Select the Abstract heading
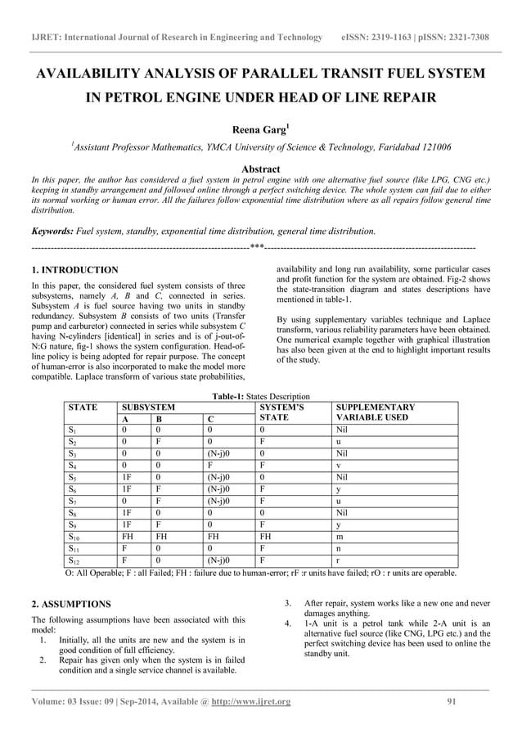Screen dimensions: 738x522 260,169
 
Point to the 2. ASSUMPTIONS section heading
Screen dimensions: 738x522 71,604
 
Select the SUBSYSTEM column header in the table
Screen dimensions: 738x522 148,407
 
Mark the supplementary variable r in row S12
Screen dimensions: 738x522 338,562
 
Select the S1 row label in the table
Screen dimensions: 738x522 72,428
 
